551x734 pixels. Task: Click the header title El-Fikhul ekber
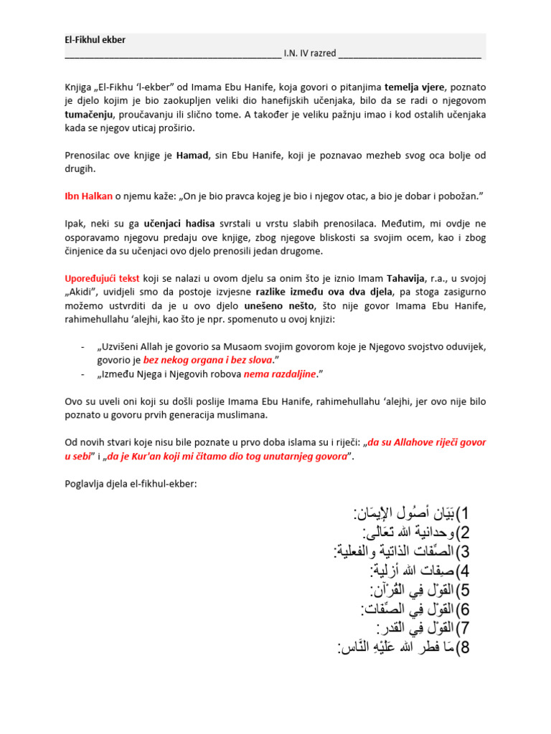(x=95, y=40)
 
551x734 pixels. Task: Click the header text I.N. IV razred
(x=309, y=53)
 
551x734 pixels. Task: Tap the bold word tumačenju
(x=91, y=115)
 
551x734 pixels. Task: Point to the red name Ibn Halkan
(x=90, y=196)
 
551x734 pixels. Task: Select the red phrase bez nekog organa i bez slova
(x=208, y=358)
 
